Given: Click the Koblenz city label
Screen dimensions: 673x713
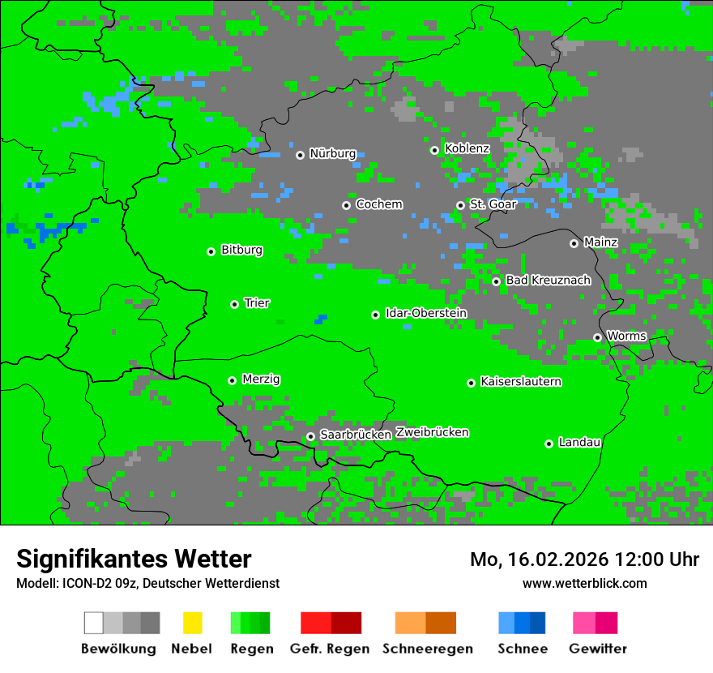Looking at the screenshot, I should click(467, 148).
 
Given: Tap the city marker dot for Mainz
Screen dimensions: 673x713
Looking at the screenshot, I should click(574, 243).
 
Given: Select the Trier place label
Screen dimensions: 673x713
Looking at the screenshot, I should click(257, 303).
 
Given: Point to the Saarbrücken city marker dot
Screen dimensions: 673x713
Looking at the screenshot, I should click(310, 436).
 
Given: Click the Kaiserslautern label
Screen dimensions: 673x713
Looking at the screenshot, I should click(520, 382).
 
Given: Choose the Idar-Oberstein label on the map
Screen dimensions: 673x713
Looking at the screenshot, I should click(426, 314).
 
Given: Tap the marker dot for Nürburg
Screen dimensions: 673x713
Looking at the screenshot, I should click(300, 155).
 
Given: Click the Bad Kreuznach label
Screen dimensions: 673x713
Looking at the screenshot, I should click(548, 281).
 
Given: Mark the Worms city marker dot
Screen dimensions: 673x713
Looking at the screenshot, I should click(597, 337).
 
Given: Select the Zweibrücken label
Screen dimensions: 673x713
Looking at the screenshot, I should click(432, 432).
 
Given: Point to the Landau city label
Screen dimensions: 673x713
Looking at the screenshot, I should click(579, 443).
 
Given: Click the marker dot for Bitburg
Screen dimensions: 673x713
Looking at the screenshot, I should click(211, 251).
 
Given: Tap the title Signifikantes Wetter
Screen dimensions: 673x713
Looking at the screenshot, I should click(134, 559).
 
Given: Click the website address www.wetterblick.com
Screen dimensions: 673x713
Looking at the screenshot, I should click(584, 583).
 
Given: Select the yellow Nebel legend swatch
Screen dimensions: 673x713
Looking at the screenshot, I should click(192, 623).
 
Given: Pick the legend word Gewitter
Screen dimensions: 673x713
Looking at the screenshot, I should click(598, 649).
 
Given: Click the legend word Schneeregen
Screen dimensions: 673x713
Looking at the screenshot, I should click(428, 649).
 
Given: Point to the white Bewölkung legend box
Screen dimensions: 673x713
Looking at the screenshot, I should click(94, 623).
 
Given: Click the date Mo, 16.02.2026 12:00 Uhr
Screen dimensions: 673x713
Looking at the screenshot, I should click(584, 559).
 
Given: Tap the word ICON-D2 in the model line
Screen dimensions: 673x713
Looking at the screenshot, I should click(83, 584).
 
